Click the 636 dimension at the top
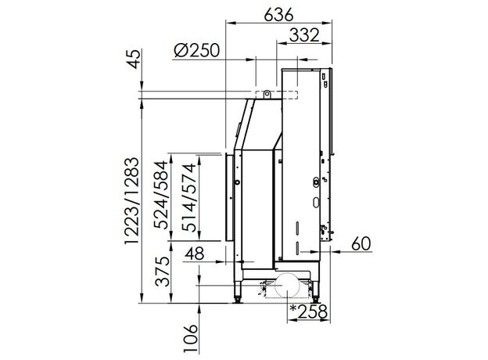click(x=278, y=14)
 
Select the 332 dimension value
click(x=304, y=35)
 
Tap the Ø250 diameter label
click(x=196, y=50)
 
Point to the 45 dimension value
click(x=134, y=59)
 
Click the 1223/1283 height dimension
click(x=131, y=201)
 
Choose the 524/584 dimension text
click(x=163, y=195)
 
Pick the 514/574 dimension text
click(x=189, y=197)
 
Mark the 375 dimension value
click(x=163, y=272)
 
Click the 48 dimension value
click(x=195, y=254)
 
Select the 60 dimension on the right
click(x=361, y=243)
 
